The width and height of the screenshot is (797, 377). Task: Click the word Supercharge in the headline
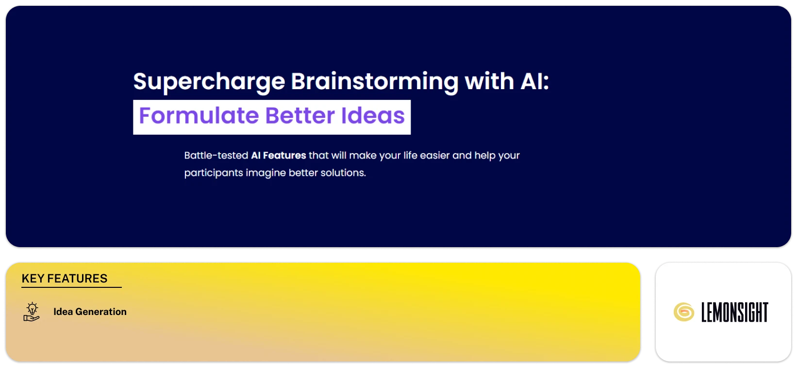209,81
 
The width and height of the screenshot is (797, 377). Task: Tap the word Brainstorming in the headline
374,81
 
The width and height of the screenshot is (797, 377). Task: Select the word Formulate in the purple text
199,116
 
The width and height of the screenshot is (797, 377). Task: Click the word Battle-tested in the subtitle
216,156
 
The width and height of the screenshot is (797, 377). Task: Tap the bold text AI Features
278,156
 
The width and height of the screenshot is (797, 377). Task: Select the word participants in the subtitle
213,173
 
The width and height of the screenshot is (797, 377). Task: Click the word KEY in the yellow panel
33,279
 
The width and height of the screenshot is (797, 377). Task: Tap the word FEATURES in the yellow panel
77,279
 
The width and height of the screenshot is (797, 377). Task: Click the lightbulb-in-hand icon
32,312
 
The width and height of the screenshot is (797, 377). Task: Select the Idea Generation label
90,312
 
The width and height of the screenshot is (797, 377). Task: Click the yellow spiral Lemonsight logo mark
683,312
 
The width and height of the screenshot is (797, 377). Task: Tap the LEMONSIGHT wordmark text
734,313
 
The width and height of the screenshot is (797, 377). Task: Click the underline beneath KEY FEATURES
71,287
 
